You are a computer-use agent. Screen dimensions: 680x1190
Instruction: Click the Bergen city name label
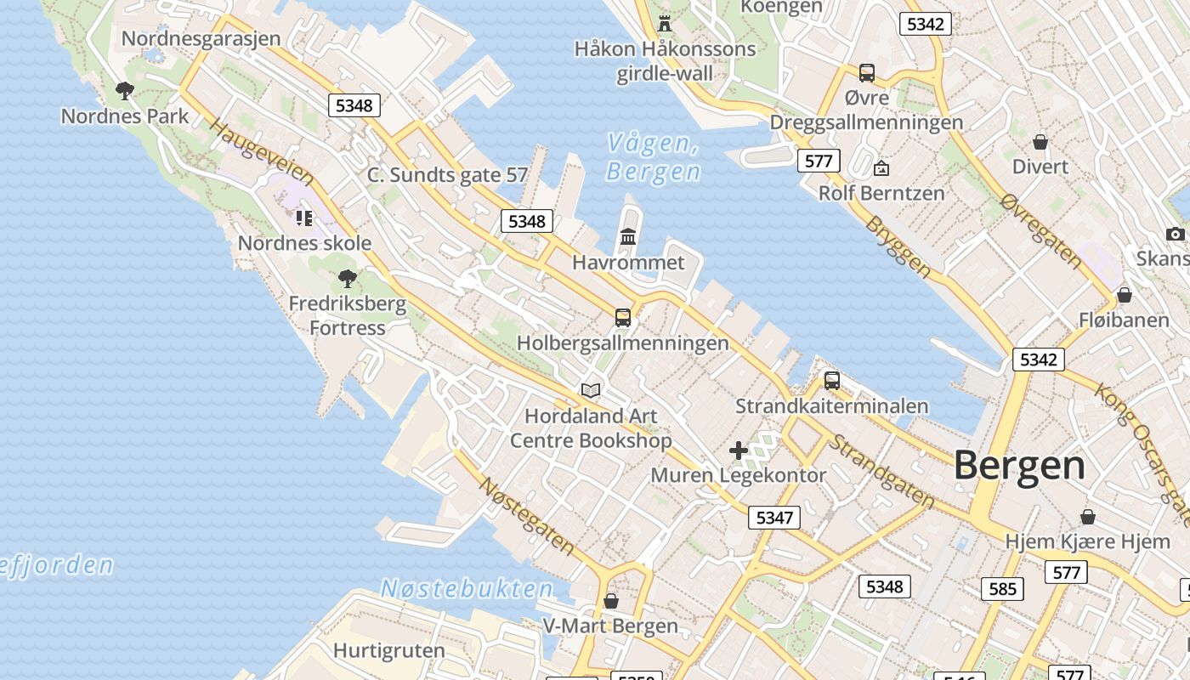(1018, 466)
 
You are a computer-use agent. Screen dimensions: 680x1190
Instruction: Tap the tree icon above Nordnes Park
(125, 90)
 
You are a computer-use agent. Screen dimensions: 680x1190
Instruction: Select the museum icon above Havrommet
(628, 236)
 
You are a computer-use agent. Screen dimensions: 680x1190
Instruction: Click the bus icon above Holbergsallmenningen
(623, 318)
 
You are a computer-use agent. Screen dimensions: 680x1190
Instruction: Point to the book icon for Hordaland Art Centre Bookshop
(591, 390)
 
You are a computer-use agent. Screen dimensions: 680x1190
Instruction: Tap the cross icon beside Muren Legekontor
(739, 450)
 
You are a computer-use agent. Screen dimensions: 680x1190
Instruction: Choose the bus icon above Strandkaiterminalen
(832, 380)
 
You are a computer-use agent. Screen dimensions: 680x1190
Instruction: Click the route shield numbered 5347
(773, 517)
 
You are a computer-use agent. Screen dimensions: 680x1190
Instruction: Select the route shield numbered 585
(1002, 588)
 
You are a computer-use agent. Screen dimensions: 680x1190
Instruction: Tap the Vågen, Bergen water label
(653, 158)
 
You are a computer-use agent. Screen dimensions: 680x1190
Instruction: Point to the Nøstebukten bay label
(467, 588)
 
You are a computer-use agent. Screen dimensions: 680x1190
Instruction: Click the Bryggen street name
(898, 246)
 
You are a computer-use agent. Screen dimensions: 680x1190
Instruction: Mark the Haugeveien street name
(262, 153)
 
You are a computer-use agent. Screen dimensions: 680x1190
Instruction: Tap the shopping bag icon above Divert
(1040, 141)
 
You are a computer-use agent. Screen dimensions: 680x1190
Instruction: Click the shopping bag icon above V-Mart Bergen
(610, 601)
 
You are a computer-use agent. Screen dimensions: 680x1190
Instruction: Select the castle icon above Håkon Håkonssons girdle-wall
(665, 23)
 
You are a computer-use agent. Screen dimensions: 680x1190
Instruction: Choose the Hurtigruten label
(388, 651)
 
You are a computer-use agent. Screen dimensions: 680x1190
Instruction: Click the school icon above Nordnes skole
(304, 218)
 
